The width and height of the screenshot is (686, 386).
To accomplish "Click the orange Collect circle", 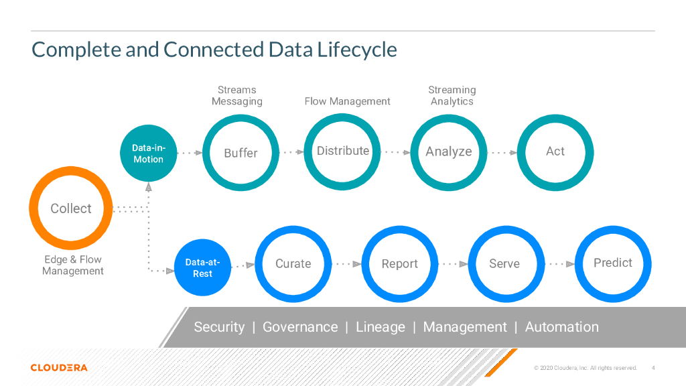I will (x=70, y=208).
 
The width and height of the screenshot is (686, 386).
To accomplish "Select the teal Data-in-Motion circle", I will (x=148, y=153).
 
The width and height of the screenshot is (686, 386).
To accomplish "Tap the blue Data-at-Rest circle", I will (x=202, y=268).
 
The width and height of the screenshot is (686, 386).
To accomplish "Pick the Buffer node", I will (x=241, y=153).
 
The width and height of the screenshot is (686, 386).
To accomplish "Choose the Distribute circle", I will (x=343, y=151).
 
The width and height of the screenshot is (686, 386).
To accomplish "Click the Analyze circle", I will (x=449, y=152).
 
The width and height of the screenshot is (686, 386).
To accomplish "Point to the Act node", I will (x=555, y=151).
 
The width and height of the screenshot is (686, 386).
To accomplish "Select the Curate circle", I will (x=293, y=264).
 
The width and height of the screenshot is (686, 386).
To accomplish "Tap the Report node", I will (x=400, y=264).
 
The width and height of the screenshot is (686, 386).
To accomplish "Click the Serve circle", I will (x=504, y=264).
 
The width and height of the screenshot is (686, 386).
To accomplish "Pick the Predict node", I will (x=613, y=263).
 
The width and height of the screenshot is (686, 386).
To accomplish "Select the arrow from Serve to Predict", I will (x=561, y=264).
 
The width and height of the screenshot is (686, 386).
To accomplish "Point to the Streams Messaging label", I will (x=237, y=96).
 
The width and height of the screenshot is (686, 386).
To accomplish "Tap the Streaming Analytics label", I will (x=452, y=96).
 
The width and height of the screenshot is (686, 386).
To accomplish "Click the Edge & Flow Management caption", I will (x=73, y=265).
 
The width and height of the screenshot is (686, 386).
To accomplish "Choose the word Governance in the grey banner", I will (x=300, y=327).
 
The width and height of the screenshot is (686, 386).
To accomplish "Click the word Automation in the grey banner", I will (x=562, y=327).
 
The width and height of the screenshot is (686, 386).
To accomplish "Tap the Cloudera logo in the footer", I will (x=59, y=367).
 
